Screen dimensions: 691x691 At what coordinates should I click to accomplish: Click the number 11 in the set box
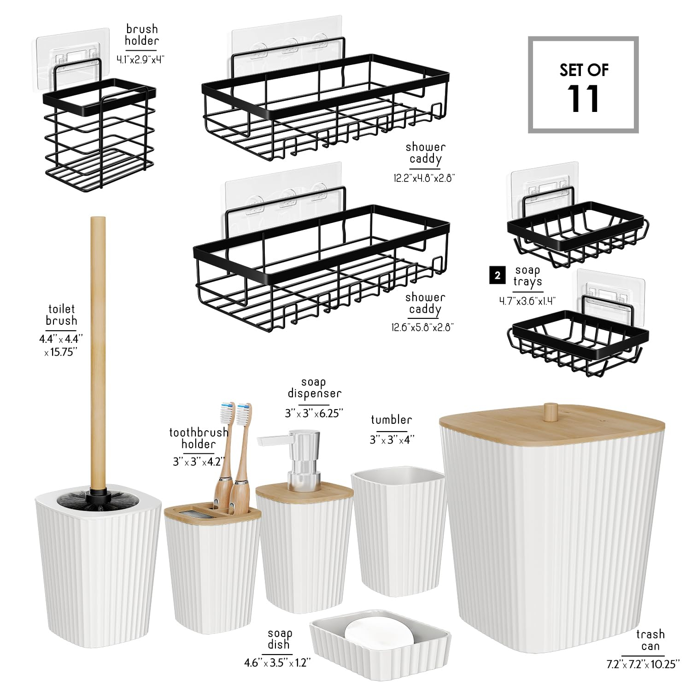click(x=583, y=99)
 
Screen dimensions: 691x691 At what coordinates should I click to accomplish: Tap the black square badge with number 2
click(x=497, y=276)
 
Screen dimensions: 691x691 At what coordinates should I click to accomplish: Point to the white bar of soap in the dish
click(x=380, y=637)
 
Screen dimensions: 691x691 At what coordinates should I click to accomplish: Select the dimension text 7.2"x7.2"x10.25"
click(x=643, y=664)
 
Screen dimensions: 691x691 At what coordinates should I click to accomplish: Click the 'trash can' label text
click(x=650, y=640)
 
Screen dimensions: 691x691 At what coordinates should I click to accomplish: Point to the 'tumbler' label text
click(x=391, y=420)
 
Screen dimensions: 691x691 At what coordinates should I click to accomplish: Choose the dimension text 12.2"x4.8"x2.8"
click(x=424, y=178)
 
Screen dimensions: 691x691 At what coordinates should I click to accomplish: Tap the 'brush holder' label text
click(x=141, y=35)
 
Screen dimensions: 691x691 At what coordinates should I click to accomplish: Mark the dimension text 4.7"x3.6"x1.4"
click(x=527, y=301)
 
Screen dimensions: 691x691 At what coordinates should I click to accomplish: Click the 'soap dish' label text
click(x=279, y=639)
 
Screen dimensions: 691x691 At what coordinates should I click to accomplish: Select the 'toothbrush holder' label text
click(x=199, y=438)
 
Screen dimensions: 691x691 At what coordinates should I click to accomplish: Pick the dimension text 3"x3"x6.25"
click(x=314, y=413)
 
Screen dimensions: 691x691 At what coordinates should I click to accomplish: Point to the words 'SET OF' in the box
click(x=584, y=70)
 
